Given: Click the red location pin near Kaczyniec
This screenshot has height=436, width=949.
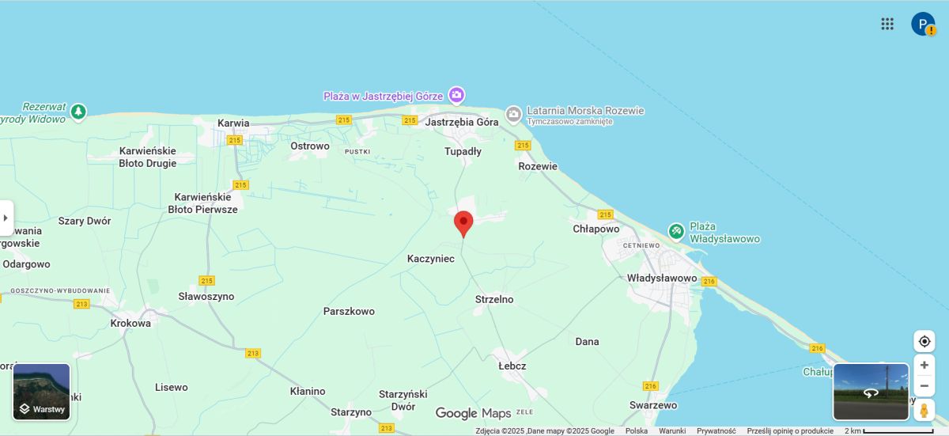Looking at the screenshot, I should click(x=463, y=223).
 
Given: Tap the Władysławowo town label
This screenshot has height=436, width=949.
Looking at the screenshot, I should click(x=661, y=279).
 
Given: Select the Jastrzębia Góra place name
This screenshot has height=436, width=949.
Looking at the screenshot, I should click(x=462, y=123).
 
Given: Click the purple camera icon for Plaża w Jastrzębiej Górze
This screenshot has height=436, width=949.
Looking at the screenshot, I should click(x=456, y=96).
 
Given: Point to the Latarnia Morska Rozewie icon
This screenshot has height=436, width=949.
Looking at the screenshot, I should click(x=513, y=116).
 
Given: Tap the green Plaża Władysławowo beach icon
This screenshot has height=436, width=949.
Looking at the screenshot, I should click(x=676, y=232).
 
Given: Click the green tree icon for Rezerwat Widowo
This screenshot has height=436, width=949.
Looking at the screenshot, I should click(x=78, y=112).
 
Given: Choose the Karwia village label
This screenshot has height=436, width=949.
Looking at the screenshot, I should click(x=233, y=123).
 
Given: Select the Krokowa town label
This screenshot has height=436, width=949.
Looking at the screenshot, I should click(x=130, y=323).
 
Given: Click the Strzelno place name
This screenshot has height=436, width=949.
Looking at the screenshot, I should click(x=494, y=299).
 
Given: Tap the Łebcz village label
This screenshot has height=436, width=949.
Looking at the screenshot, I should click(x=512, y=366).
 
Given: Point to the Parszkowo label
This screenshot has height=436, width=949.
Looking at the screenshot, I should click(x=349, y=311).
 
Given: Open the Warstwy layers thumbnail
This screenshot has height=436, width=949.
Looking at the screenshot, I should click(x=42, y=392).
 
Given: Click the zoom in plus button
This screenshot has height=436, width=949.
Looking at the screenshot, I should click(x=924, y=365).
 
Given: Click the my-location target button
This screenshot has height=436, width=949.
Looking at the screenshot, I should click(x=924, y=341).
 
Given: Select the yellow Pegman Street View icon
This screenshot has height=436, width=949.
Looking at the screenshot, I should click(x=924, y=411).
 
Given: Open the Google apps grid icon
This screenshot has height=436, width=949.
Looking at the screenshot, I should click(x=887, y=24).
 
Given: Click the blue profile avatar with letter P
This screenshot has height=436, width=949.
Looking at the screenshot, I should click(x=922, y=24).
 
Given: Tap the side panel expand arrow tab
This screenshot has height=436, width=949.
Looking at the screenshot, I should click(x=6, y=218).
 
